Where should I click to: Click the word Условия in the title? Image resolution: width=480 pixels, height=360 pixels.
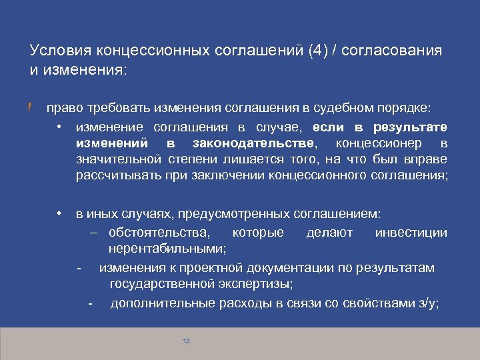click(x=61, y=51)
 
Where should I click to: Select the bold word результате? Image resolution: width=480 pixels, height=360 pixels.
click(x=411, y=127)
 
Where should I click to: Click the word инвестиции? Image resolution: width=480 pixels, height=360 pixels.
click(x=411, y=233)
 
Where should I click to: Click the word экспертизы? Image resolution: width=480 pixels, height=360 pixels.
click(x=261, y=285)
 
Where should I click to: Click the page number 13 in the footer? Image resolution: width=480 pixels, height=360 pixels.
click(x=186, y=341)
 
